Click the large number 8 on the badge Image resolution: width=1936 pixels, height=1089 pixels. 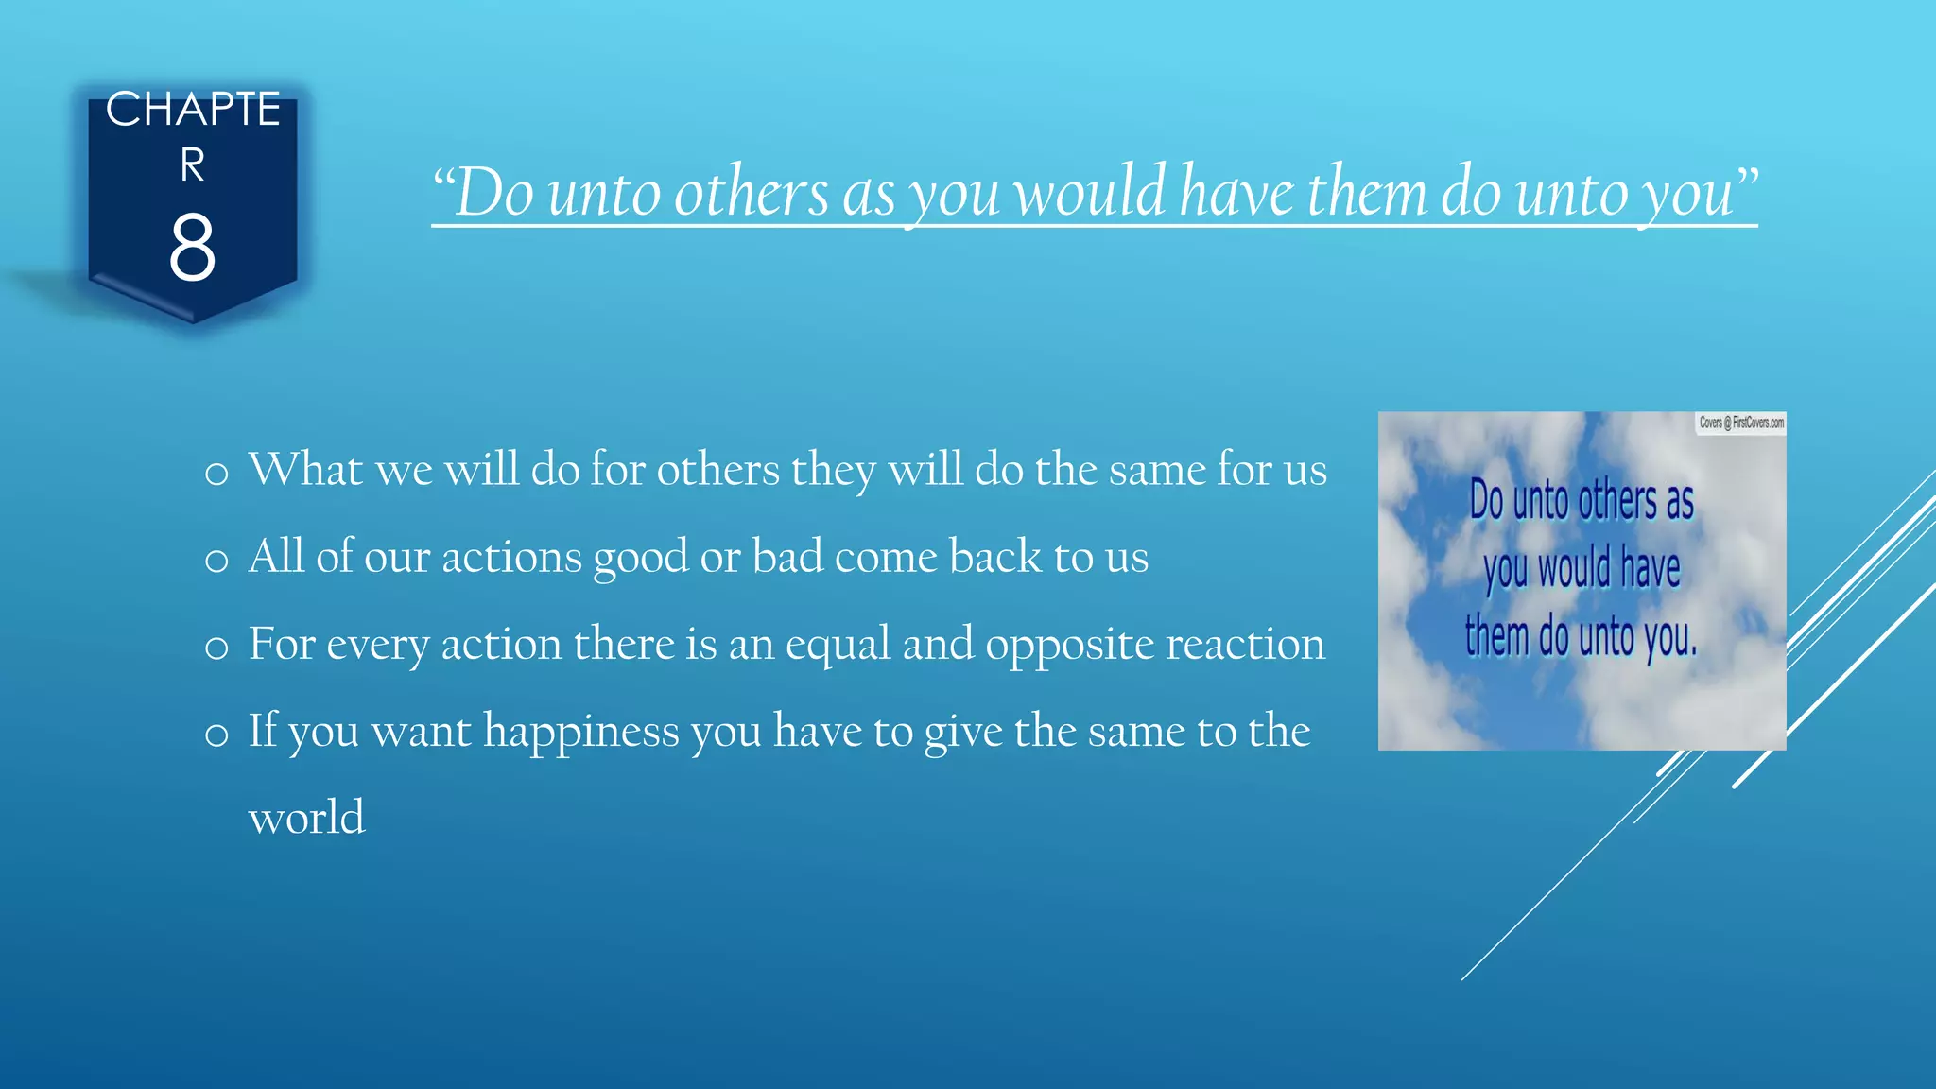pos(192,248)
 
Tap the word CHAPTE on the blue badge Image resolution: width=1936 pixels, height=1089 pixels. pos(193,110)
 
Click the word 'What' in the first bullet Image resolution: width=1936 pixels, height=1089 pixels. pos(305,470)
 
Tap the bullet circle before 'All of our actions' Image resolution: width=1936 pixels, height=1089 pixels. pos(216,561)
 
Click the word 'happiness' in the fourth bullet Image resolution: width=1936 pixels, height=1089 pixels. pos(580,732)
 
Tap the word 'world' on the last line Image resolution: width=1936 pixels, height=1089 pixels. pos(306,818)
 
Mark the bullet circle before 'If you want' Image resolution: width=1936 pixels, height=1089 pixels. pos(216,735)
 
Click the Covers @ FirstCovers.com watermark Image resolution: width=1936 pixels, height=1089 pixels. pos(1740,423)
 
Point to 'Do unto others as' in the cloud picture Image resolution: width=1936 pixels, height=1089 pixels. pos(1581,500)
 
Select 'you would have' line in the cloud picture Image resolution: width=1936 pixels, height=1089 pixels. pos(1581,569)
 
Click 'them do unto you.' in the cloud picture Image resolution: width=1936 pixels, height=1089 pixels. pos(1581,636)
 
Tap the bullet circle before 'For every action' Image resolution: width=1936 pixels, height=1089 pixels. pos(216,648)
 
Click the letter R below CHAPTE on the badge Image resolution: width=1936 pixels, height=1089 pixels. pos(192,165)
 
